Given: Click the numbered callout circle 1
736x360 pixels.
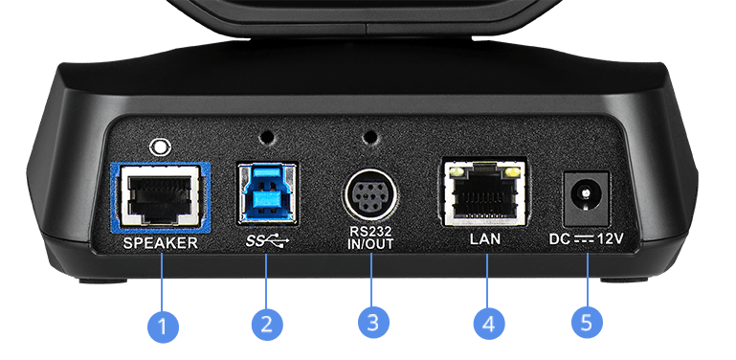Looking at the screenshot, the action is point(163,324).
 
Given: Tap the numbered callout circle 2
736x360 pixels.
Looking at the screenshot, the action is point(267,324).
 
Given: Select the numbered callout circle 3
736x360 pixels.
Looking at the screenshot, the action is point(372,323).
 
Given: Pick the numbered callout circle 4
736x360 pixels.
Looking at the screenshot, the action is point(488,324).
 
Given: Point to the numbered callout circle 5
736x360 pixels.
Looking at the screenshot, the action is point(587,323).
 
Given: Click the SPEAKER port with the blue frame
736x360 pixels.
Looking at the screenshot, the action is point(160,197).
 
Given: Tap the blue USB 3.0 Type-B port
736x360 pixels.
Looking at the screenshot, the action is point(267,192).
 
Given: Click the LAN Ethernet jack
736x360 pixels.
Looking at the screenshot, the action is point(483,192).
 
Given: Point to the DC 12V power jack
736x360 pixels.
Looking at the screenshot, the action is point(586,198).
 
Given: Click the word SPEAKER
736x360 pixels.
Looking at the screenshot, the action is point(161,243).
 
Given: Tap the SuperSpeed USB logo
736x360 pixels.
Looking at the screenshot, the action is point(268,240).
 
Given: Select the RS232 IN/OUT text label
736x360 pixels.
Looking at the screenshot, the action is point(370,238).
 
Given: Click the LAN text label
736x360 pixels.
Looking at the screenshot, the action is point(485,239).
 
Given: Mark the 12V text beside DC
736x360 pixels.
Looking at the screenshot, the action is point(611,239).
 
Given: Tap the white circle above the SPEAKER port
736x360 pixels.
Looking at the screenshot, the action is point(160,146).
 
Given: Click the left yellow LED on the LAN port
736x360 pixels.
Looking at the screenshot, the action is point(456,172).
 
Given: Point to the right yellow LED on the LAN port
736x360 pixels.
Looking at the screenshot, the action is point(513,172).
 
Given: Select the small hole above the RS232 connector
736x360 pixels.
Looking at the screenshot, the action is point(370,138).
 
